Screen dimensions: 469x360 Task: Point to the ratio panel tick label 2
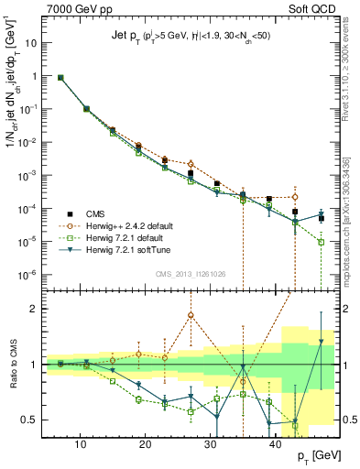tap(37, 309)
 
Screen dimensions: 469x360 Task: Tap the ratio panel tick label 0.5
tap(33, 420)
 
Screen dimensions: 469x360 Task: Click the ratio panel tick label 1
tap(37, 365)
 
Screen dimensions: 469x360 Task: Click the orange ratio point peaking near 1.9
tap(191, 316)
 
